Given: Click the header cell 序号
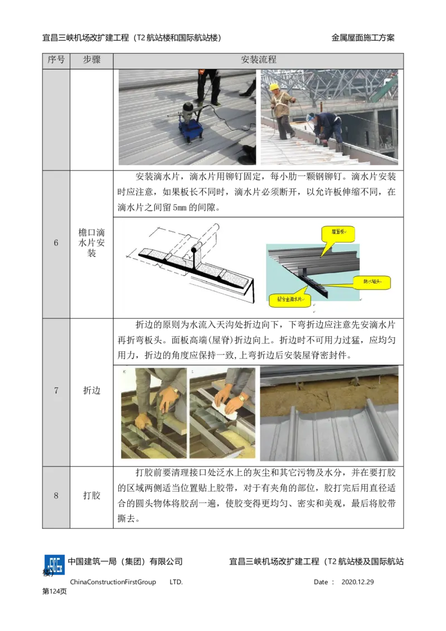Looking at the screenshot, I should point(56,60).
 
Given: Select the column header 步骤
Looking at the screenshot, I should point(91,60).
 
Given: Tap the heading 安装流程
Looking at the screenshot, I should point(259,60).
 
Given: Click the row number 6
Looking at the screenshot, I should point(56,243).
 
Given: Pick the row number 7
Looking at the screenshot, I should point(56,391).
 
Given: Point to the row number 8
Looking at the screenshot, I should point(56,496).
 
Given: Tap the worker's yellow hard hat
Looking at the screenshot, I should point(274,87).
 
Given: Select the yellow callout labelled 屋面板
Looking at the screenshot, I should point(338,234).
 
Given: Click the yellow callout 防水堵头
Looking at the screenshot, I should point(371,281).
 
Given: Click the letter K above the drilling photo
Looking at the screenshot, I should point(123,370).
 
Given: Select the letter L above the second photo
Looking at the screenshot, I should point(192,370).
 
